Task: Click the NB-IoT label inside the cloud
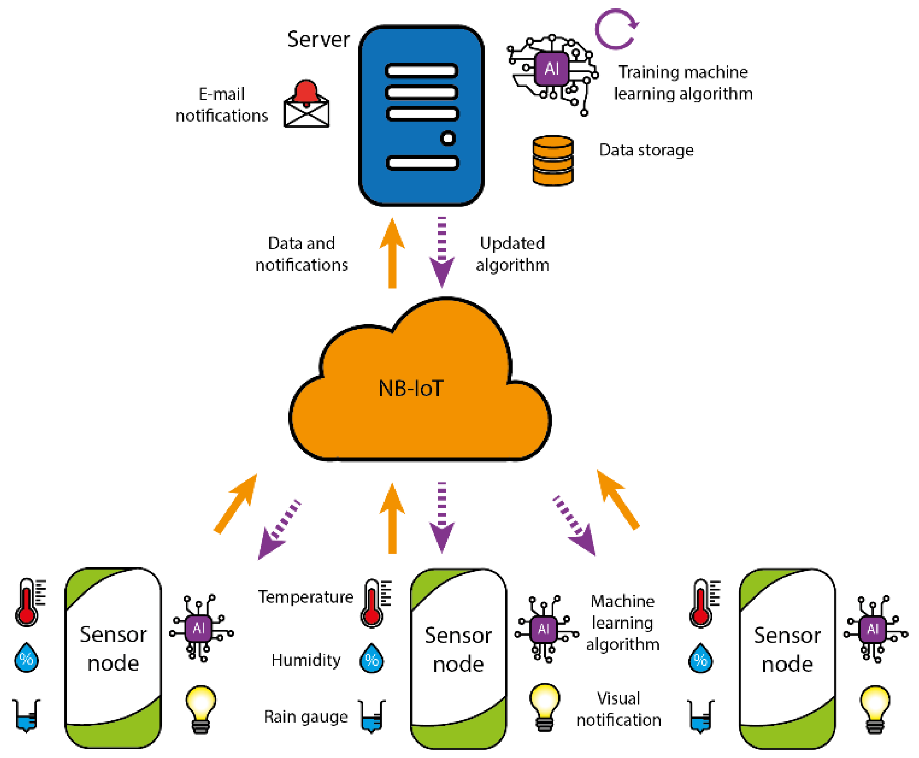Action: (411, 389)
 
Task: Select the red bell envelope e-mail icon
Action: (306, 105)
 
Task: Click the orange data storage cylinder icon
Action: (553, 161)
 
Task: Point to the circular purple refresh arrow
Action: (616, 30)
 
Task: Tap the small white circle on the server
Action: (447, 139)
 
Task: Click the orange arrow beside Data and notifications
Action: (392, 253)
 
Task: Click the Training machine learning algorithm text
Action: (682, 83)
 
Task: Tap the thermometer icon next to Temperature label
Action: (374, 603)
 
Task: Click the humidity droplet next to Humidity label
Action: (371, 658)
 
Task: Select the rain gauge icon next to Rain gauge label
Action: (371, 716)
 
